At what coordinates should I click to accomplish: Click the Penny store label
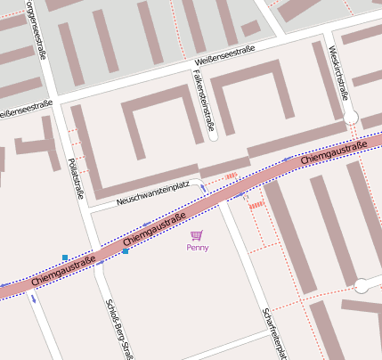[197, 248]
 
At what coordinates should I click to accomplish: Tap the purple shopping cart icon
[196, 235]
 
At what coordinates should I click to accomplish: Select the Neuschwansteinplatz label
[153, 192]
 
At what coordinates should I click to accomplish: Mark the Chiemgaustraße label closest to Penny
[154, 230]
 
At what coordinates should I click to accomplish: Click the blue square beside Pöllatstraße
[64, 257]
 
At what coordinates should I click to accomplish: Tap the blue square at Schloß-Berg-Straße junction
[126, 251]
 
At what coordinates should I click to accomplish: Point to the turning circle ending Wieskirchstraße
[351, 117]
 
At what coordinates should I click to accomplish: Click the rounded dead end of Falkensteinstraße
[212, 135]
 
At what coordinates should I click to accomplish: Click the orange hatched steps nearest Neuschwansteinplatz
[232, 176]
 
